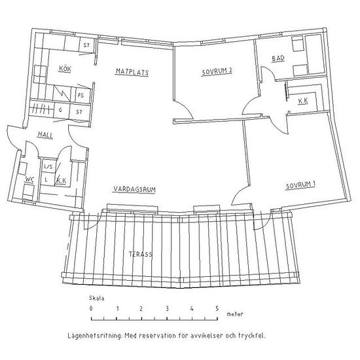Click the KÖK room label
coord(65,69)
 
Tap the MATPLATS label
coord(132,72)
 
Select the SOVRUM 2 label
coord(217,71)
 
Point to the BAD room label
coord(278,58)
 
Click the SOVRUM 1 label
coord(300,185)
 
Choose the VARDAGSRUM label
coord(135,189)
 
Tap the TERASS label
coord(140,254)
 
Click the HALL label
coord(45,135)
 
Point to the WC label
coord(29,179)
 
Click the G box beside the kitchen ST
coord(62,110)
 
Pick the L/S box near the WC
coord(48,167)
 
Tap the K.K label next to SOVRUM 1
coord(303,101)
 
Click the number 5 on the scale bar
coord(217,308)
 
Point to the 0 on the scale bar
coord(91,308)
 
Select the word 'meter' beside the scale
coord(234,314)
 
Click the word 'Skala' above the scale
coord(96,298)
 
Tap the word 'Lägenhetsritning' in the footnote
coord(95,336)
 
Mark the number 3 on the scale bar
coord(167,308)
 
